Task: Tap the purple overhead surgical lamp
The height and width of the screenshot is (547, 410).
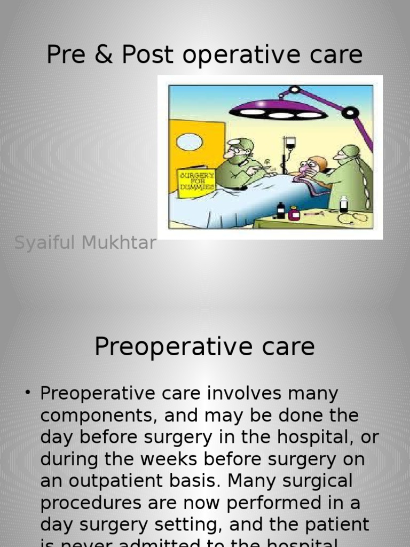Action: [278, 112]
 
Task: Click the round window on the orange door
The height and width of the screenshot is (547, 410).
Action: [189, 142]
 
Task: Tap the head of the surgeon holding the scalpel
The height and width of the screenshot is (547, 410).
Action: [239, 151]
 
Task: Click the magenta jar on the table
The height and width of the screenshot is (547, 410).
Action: [294, 213]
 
